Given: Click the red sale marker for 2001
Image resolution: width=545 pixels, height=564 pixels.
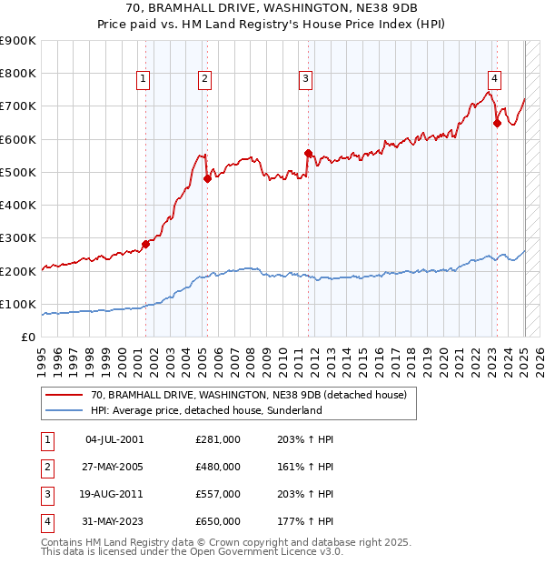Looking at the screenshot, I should (x=145, y=244).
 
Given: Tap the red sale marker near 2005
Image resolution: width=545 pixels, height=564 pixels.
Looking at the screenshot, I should (x=207, y=178).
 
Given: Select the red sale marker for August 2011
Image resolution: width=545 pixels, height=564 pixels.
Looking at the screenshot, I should (x=308, y=153).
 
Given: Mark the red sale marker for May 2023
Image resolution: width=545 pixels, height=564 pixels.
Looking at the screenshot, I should (x=497, y=123).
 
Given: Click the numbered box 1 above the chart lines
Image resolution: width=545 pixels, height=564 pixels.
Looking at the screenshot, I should (x=144, y=80).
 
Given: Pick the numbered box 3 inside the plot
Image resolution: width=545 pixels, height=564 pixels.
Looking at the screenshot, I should (x=306, y=80).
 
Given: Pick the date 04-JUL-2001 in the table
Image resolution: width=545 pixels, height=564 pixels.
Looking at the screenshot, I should (x=114, y=439).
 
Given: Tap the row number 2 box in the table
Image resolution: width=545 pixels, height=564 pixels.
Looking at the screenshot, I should (x=46, y=467).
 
